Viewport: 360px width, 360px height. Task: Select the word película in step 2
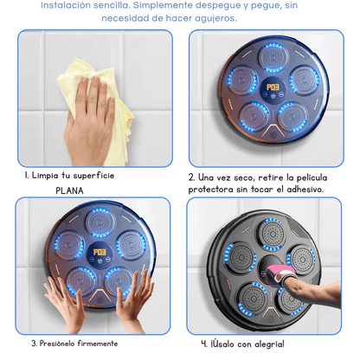pyautogui.click(x=318, y=176)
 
